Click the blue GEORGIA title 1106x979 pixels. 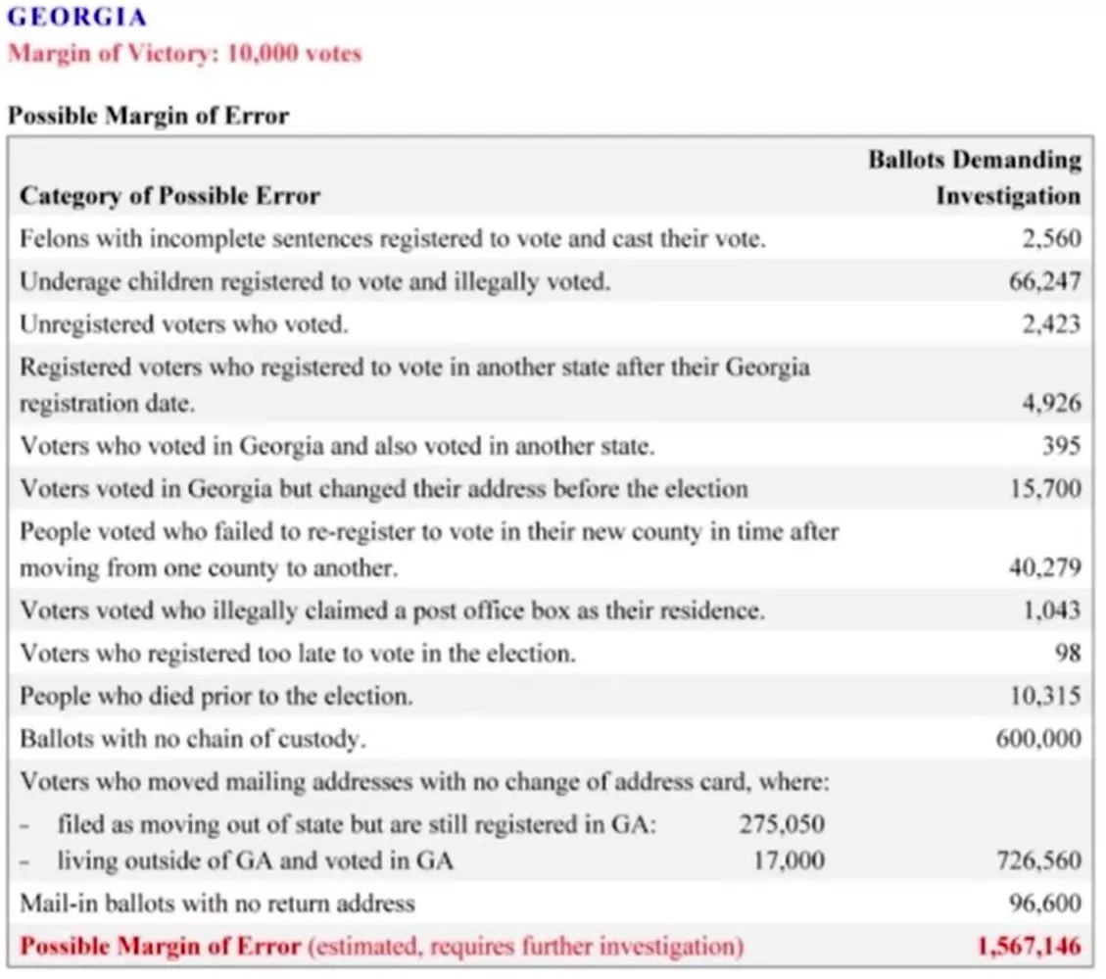[x=77, y=17]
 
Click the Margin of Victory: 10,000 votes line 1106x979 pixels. [x=184, y=53]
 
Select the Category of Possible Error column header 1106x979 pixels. [x=169, y=195]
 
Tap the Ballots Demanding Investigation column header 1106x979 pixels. [x=974, y=177]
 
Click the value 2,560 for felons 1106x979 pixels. [x=1050, y=238]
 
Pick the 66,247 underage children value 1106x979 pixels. [x=1044, y=281]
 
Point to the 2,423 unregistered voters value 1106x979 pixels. [x=1050, y=324]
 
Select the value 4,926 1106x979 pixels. [x=1050, y=403]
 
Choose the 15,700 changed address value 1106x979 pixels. [x=1045, y=488]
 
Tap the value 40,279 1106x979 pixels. [x=1044, y=567]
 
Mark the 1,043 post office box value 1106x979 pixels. [x=1050, y=610]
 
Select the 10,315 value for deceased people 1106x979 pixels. [x=1044, y=696]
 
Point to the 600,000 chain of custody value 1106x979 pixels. [x=1038, y=739]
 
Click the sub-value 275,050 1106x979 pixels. [x=781, y=824]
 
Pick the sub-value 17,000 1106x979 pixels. [x=788, y=861]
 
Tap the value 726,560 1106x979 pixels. [x=1038, y=861]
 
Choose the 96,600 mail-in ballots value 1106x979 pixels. [x=1044, y=904]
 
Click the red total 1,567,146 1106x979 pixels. [x=1029, y=947]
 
